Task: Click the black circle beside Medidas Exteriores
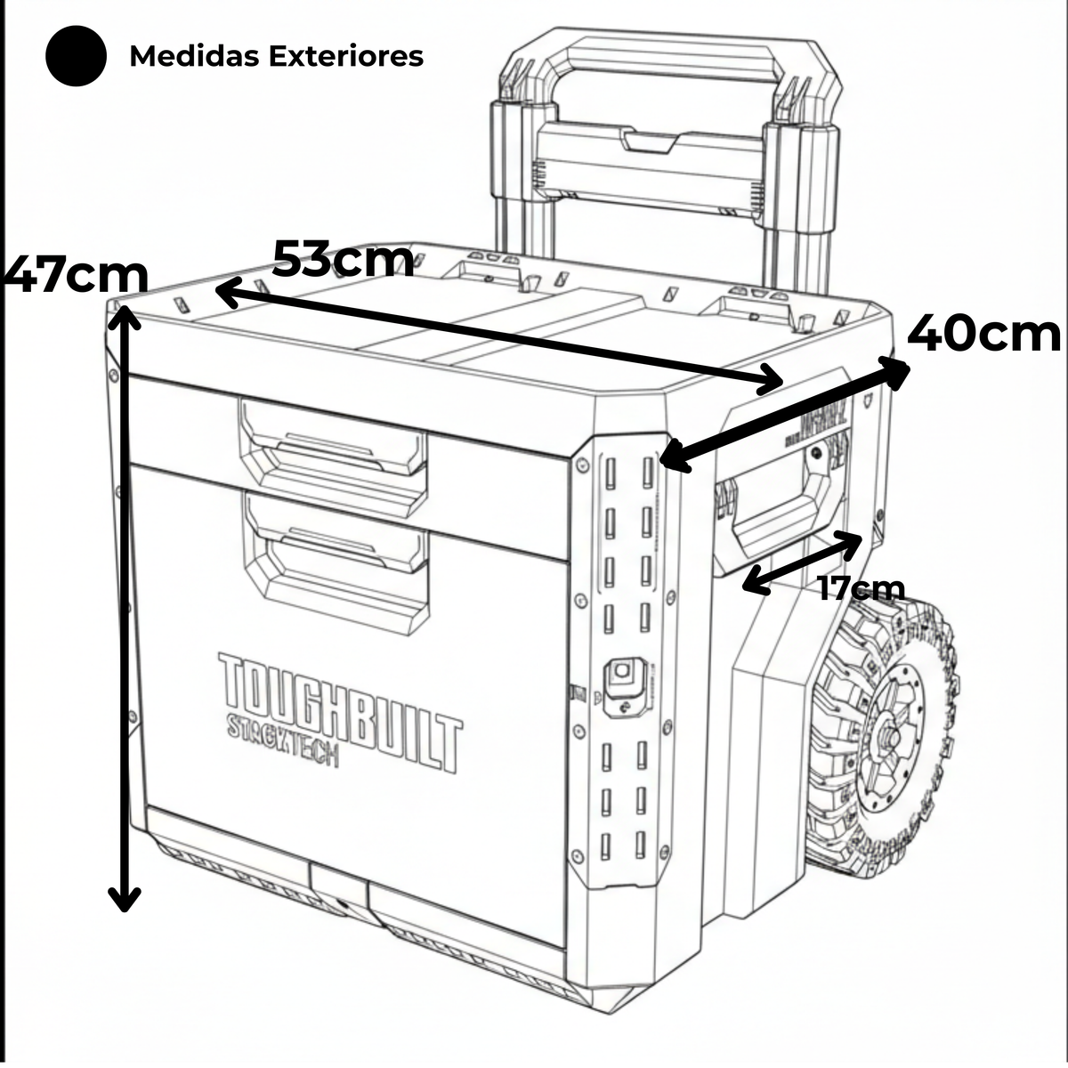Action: tap(77, 55)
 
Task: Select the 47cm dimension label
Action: tap(75, 275)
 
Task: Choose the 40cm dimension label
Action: tap(983, 335)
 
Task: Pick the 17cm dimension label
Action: tap(862, 588)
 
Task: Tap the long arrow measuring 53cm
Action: tap(498, 337)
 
